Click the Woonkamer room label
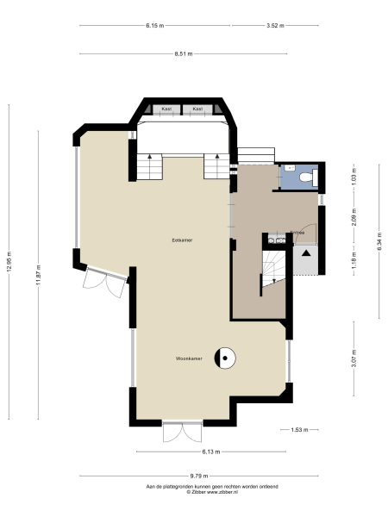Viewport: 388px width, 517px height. tap(189, 358)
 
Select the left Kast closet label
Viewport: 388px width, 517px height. tap(168, 109)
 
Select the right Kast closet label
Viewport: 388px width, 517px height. tap(198, 109)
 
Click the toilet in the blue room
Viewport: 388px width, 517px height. tap(312, 177)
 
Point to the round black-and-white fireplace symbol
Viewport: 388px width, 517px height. tap(226, 358)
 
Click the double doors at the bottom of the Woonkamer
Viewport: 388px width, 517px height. tap(182, 432)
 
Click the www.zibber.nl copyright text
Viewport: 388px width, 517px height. tap(194, 492)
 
